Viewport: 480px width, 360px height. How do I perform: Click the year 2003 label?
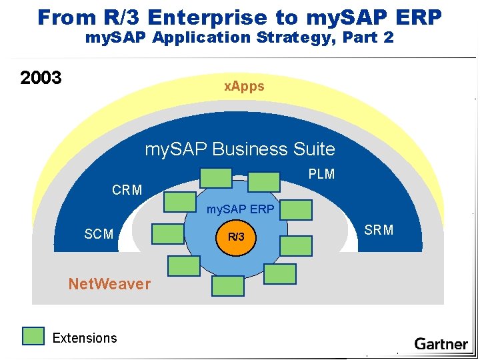tap(41, 78)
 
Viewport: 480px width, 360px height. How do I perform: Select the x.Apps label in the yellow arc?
tap(244, 86)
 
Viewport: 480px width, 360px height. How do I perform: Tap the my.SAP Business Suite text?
tap(240, 149)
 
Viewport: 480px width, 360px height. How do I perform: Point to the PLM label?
tap(321, 174)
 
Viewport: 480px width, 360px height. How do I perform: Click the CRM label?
tap(127, 190)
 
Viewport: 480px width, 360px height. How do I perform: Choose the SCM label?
tap(99, 234)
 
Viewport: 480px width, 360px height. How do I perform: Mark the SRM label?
tap(379, 230)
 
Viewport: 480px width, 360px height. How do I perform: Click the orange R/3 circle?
tap(236, 237)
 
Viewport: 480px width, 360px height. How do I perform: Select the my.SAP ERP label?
tap(240, 209)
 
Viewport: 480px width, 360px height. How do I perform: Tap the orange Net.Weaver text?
tap(109, 284)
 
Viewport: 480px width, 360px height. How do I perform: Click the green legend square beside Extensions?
tap(33, 337)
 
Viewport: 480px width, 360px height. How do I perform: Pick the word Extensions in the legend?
tap(84, 338)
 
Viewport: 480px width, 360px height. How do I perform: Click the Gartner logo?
tap(441, 344)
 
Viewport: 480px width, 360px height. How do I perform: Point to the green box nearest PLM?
tap(264, 181)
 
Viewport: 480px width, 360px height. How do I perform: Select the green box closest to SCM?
tap(167, 234)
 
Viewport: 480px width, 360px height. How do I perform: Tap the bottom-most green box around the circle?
tap(227, 286)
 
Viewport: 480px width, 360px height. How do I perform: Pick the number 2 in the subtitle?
tap(388, 38)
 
